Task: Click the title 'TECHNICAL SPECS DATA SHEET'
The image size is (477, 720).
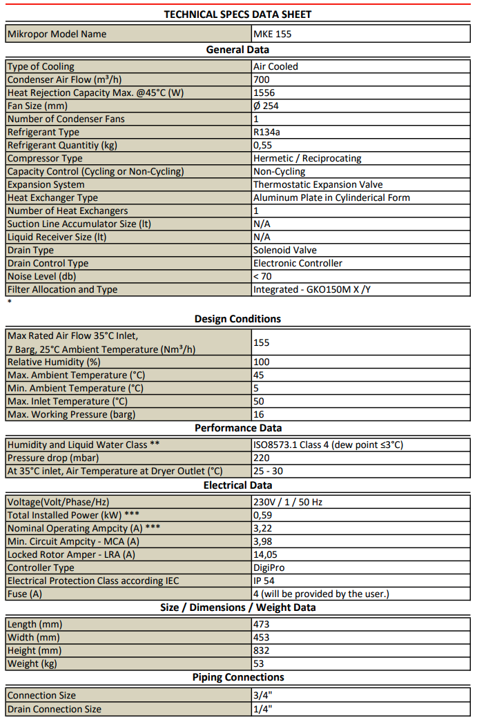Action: click(237, 14)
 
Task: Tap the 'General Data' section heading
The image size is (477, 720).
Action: click(237, 50)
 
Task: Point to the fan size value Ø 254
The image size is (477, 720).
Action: click(266, 106)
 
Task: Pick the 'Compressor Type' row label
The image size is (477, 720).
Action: click(45, 158)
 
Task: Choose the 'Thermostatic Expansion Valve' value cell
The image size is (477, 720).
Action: click(318, 184)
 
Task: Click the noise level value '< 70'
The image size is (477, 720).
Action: click(263, 276)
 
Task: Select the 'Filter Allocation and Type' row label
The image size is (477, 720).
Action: click(63, 289)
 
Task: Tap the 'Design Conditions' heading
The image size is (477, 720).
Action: click(237, 319)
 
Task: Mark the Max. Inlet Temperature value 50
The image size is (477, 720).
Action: click(260, 401)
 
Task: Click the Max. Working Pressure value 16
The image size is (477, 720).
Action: click(260, 414)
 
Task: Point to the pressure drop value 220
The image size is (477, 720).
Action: click(262, 458)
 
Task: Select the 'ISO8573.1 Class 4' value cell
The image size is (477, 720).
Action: click(328, 445)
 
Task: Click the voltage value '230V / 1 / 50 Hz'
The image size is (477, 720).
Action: click(288, 502)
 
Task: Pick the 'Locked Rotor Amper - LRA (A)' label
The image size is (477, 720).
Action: click(72, 554)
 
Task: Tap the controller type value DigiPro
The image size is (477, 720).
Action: click(269, 567)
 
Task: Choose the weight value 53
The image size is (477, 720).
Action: click(260, 663)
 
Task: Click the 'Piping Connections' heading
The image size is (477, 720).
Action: click(237, 677)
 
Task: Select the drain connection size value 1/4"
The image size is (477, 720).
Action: click(263, 709)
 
